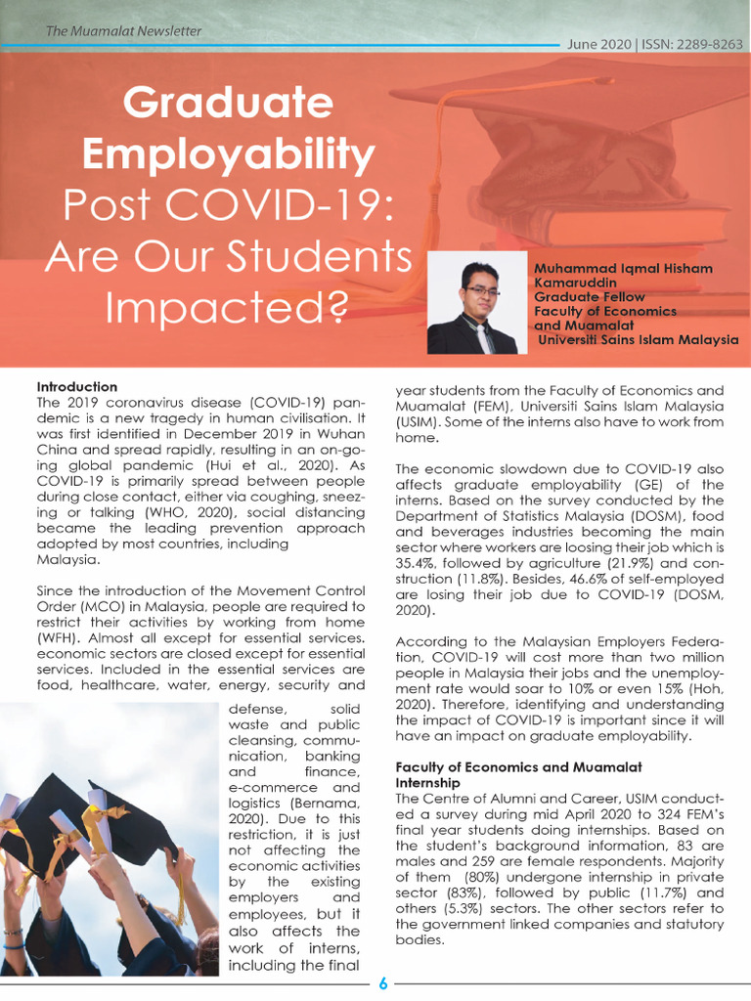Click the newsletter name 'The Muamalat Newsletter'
click(123, 31)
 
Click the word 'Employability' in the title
click(228, 154)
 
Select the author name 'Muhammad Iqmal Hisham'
click(623, 269)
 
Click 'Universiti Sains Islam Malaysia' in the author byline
click(638, 340)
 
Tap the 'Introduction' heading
click(76, 387)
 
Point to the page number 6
click(382, 983)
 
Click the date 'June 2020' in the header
click(598, 45)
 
